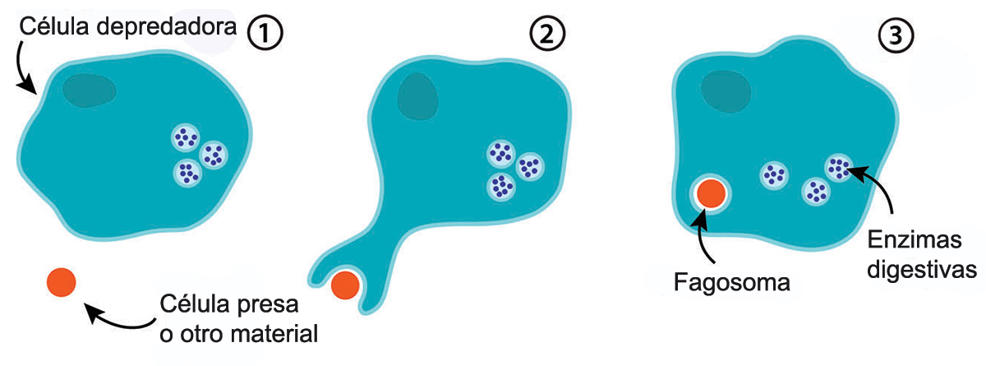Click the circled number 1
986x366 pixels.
(265, 33)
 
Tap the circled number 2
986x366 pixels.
(546, 34)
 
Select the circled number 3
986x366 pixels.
(896, 35)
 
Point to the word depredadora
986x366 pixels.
(166, 27)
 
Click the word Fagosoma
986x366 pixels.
(732, 282)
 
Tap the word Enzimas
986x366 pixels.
(915, 240)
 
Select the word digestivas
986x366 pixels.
(922, 269)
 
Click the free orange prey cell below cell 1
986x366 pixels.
(61, 282)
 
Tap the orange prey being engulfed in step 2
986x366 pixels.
(345, 285)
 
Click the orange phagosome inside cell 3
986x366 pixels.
(711, 193)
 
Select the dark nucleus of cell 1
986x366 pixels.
(89, 90)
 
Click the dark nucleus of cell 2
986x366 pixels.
(417, 96)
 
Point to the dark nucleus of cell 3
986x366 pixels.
(726, 91)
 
